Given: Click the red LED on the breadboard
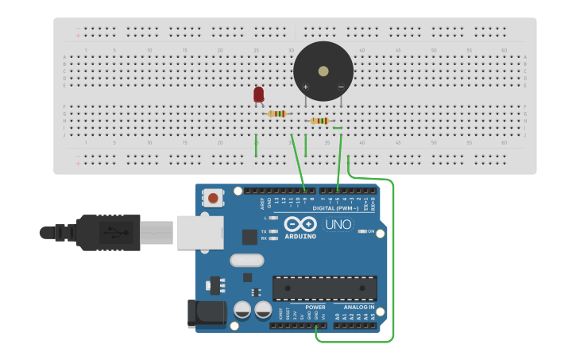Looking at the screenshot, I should (258, 95).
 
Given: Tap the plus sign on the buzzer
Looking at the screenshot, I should (305, 86).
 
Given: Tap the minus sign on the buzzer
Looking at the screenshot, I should (341, 86).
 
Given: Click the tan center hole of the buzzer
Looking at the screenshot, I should (323, 71).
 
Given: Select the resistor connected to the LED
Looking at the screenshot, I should (276, 114).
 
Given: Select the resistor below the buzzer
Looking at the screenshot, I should (319, 121).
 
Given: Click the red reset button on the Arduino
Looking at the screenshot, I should (213, 196).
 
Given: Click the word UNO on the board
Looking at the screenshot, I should (339, 225).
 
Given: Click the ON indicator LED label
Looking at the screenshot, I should (370, 231).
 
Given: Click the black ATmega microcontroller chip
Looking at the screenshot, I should (324, 288).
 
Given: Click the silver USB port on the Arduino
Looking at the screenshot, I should (199, 233).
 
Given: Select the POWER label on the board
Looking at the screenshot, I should (315, 307).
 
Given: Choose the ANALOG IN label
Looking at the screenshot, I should (359, 307).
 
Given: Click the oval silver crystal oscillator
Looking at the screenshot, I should (246, 260).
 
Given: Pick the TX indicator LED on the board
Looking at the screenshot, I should (273, 231).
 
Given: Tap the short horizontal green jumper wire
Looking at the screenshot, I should (338, 128).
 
